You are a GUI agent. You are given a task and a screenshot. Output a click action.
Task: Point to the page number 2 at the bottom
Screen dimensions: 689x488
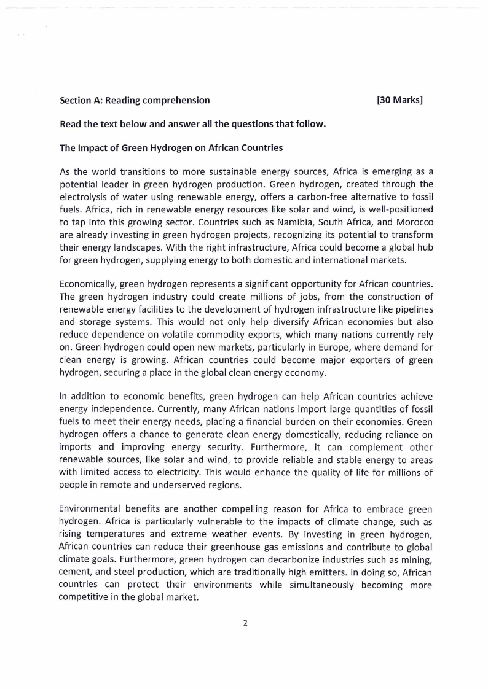[x=245, y=623]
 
